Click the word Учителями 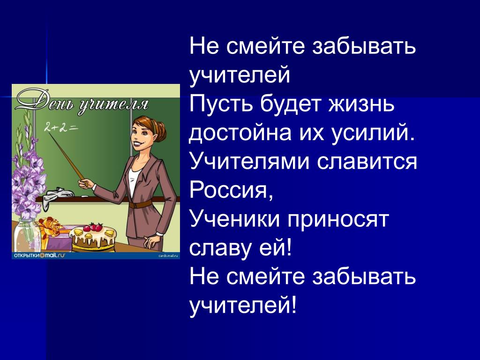(x=249, y=162)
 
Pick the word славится (x=367, y=162)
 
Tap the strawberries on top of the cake (x=93, y=227)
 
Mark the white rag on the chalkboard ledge (x=58, y=195)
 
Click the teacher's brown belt (x=141, y=204)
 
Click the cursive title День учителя (x=82, y=102)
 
